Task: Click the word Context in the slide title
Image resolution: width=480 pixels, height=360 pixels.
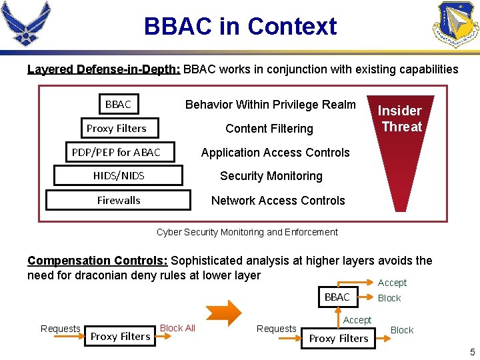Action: tap(292, 27)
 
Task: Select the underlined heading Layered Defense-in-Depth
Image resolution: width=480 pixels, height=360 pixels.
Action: tap(103, 69)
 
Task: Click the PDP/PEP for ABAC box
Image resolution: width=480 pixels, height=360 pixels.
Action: tap(116, 152)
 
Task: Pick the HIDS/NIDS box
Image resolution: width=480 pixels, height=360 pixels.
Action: tap(119, 176)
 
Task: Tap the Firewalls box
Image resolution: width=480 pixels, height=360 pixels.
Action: tap(118, 200)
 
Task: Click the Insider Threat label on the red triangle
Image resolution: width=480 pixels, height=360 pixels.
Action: tap(401, 119)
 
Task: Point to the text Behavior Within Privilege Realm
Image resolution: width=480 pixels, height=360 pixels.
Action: tap(270, 104)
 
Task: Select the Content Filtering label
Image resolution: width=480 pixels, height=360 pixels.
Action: tap(269, 128)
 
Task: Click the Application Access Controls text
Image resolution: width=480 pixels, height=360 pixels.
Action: tap(275, 153)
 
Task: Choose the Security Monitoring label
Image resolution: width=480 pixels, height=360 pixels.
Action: tap(271, 176)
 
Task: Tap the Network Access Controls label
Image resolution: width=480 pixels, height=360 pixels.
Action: tap(277, 201)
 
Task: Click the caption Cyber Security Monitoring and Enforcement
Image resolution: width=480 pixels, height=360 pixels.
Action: tap(247, 232)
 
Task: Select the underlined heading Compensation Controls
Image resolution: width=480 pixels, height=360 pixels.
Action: tap(97, 261)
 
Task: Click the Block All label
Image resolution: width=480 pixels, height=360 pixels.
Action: tap(177, 328)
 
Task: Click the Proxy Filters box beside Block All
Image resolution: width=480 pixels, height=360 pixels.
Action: tap(120, 337)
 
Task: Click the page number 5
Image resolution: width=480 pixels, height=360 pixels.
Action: tap(472, 352)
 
